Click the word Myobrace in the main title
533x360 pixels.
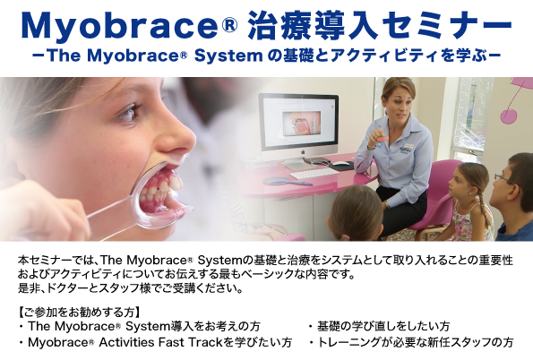[119, 26]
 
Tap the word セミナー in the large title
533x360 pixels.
[446, 25]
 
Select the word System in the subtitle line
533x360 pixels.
[228, 56]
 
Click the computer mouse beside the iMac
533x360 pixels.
[341, 164]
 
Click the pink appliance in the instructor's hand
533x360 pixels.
[381, 138]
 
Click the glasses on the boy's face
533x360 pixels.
[507, 179]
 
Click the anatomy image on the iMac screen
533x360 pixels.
[302, 124]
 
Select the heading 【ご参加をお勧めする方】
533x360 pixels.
[79, 312]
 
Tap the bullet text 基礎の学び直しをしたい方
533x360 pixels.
[383, 326]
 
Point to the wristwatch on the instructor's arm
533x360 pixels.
[387, 205]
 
